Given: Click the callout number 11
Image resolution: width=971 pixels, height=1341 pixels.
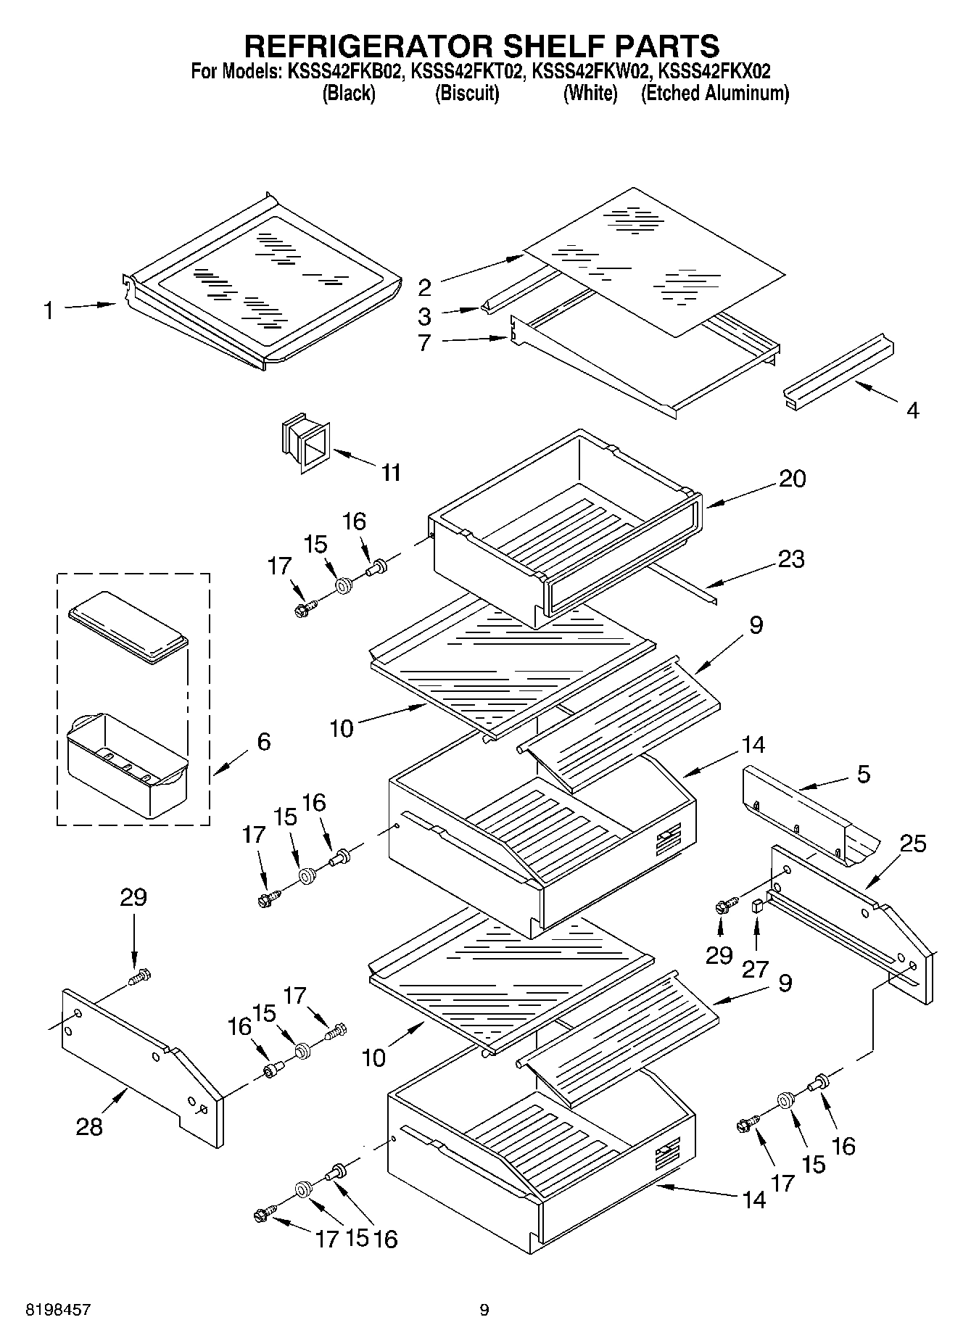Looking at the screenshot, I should (x=391, y=473).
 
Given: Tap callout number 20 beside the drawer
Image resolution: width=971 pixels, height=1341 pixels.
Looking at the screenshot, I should (x=793, y=479).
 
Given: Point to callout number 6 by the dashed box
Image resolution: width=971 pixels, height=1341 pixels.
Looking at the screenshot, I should (x=263, y=741).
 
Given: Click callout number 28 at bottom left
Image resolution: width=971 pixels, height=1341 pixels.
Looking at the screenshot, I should (x=90, y=1126).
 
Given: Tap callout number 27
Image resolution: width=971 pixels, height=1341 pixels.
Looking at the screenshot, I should (x=755, y=969).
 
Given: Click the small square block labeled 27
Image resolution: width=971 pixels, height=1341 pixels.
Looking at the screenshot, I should (x=756, y=905).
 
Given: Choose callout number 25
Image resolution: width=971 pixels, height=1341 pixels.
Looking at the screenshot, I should (x=913, y=843).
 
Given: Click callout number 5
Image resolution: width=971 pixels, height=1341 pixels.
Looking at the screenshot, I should (x=863, y=774).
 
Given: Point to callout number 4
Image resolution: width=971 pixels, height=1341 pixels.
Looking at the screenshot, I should (x=913, y=410).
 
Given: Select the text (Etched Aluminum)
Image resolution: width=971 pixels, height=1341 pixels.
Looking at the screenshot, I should (x=714, y=93).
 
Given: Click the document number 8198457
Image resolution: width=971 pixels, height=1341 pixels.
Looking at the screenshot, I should (x=59, y=1310).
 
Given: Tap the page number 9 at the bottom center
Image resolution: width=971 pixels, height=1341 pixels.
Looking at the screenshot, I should (x=484, y=1310).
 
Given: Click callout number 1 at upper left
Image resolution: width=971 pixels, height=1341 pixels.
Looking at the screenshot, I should (x=48, y=311).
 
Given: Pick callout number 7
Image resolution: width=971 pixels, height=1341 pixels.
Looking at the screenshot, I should (x=425, y=342).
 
